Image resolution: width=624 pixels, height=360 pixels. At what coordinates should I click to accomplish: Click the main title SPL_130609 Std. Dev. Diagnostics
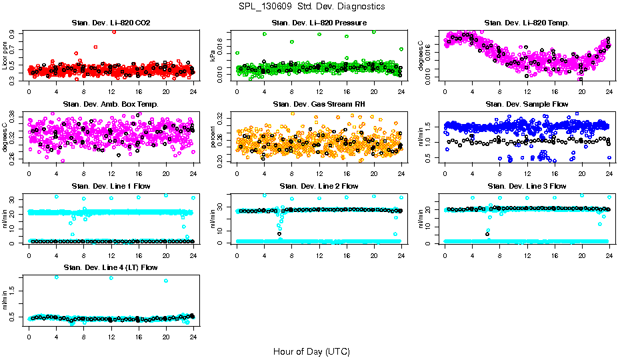[311, 6]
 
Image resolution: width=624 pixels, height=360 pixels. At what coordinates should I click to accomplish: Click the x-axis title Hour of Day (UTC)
[311, 351]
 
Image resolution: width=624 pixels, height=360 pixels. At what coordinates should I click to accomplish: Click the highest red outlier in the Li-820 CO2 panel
[115, 31]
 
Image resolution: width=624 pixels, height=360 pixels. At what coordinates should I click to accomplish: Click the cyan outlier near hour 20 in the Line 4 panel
[165, 281]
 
